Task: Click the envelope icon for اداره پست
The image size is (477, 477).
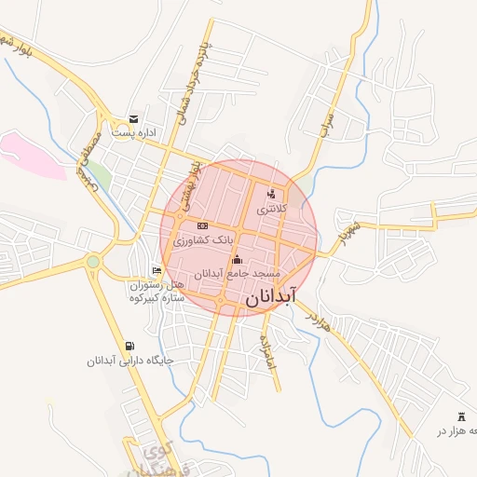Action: [134, 118]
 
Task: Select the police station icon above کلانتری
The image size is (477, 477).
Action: [271, 194]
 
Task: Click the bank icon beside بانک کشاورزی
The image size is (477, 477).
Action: [202, 226]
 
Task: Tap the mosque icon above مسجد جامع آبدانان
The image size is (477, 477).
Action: [237, 259]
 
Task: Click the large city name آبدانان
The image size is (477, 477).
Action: [273, 297]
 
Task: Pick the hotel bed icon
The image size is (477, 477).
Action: [157, 270]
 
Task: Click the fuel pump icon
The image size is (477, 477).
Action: [129, 346]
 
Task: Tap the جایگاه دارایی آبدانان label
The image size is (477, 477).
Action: [130, 361]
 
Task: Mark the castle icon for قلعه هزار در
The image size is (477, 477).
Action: [462, 416]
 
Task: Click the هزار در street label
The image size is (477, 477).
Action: [318, 317]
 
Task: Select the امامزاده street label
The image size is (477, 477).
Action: [269, 349]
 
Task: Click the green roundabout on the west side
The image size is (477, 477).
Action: [93, 262]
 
